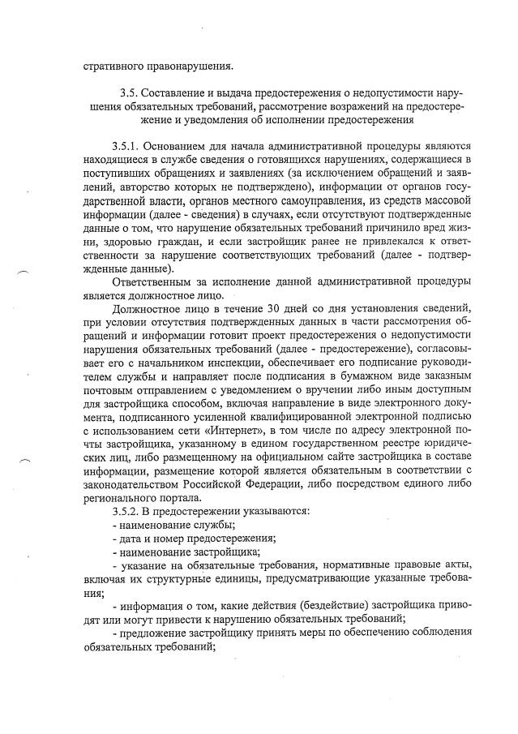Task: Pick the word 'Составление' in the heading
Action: tap(179, 94)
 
